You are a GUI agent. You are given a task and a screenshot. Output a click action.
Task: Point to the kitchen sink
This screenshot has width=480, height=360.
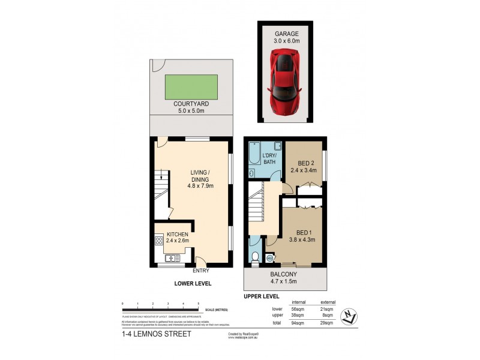tap(173, 259)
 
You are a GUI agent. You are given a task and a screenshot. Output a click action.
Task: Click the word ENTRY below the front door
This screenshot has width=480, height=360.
tap(200, 271)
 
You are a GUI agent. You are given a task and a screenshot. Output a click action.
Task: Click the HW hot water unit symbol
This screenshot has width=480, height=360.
tap(269, 259)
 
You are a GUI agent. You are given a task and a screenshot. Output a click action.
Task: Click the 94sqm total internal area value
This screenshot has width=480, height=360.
tap(296, 322)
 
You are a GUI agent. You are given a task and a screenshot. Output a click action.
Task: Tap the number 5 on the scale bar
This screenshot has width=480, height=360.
tap(198, 305)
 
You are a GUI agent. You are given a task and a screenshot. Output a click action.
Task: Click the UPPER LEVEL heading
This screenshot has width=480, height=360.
tap(261, 296)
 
